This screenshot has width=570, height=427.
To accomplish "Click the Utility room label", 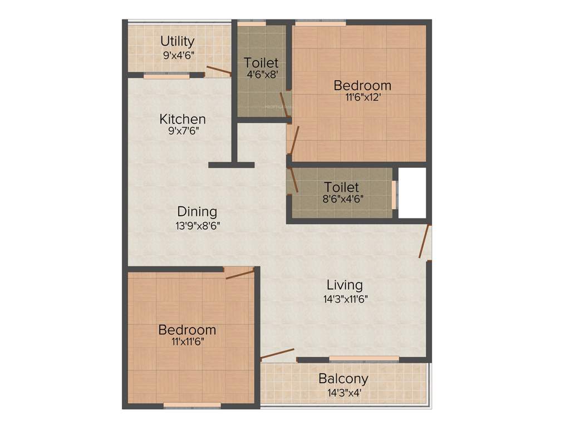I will (178, 42).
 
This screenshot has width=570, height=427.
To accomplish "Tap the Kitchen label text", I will (183, 119).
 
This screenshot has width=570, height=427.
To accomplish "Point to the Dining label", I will (197, 212).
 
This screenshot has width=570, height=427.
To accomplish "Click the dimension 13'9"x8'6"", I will (196, 225).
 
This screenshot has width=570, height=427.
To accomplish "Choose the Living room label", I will (345, 285).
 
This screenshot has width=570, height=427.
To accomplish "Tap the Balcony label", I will (343, 379).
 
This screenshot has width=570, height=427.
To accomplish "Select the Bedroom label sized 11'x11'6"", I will (187, 330).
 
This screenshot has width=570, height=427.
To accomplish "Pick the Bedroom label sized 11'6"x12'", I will (362, 86).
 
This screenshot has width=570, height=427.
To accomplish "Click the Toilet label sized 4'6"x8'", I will (261, 63).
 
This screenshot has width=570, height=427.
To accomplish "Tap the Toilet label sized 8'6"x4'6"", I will (342, 187).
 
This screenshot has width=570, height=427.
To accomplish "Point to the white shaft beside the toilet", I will (412, 192).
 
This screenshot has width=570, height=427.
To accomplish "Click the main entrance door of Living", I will (425, 242).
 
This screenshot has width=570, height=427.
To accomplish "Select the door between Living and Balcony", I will (277, 355).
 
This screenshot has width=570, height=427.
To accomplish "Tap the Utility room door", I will (219, 71).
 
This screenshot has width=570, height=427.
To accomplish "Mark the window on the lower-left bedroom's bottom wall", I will (192, 406).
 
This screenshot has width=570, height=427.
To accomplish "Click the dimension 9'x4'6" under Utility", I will (179, 55).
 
